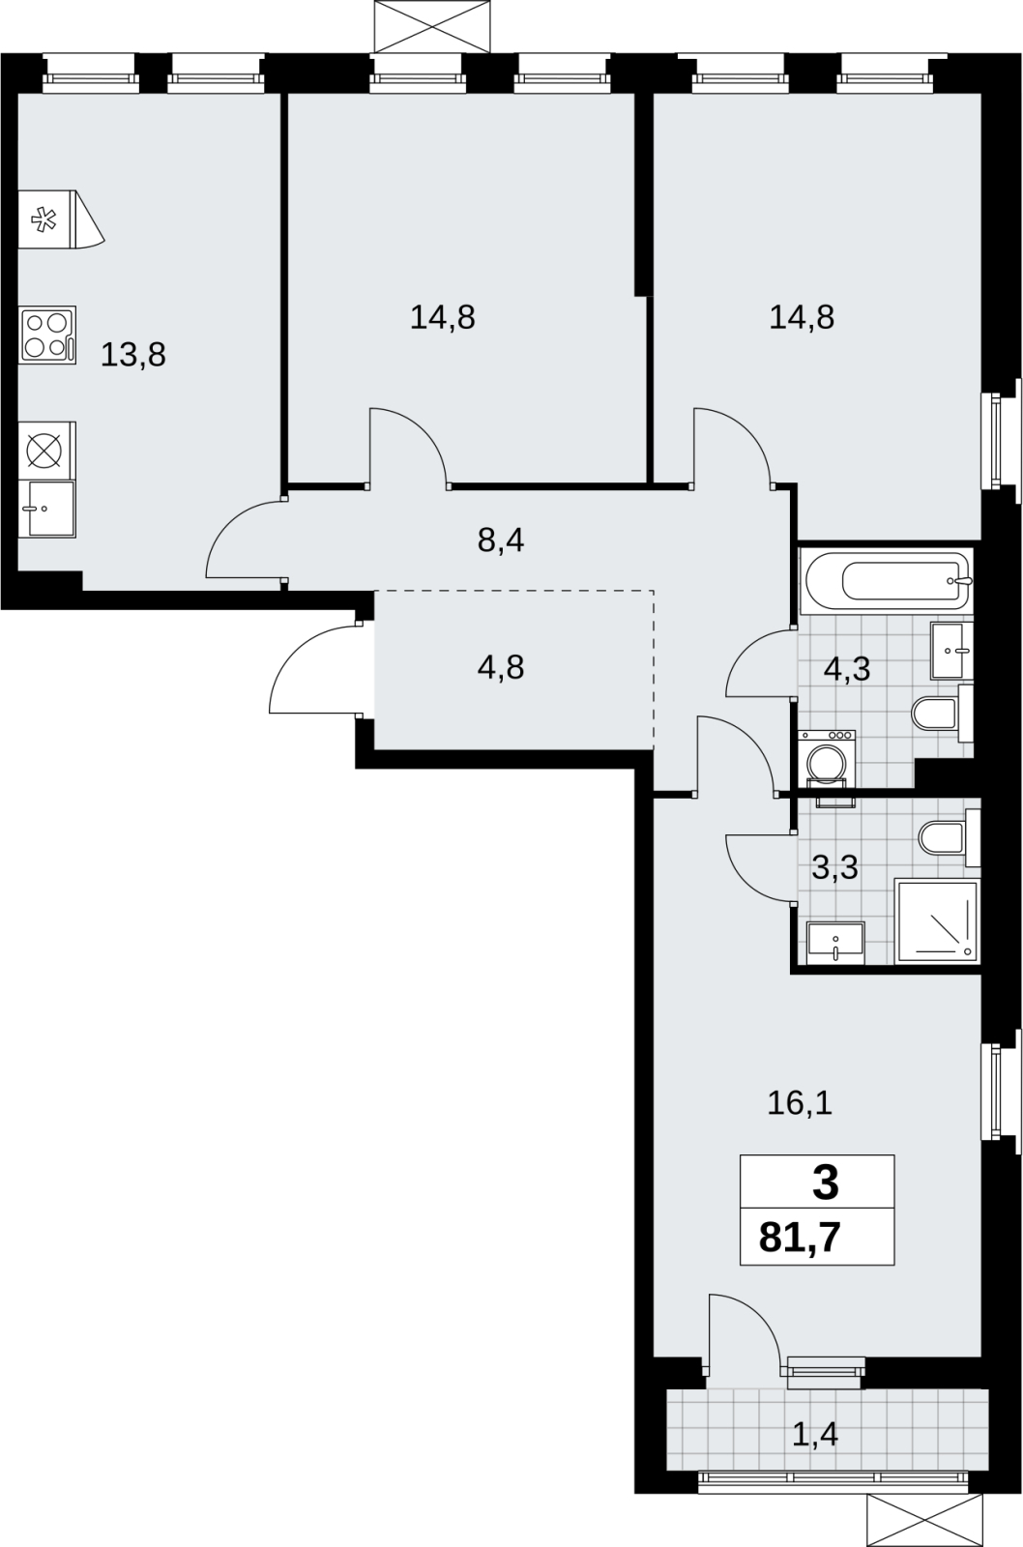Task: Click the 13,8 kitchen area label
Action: [x=133, y=355]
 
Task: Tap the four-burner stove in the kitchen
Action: [x=47, y=336]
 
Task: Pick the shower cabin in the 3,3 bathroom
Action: [x=937, y=921]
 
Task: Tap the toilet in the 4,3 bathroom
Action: [x=943, y=714]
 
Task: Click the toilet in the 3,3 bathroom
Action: [x=950, y=837]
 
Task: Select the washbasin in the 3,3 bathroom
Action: [x=835, y=943]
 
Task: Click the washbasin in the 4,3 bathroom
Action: [x=951, y=651]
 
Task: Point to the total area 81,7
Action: [x=800, y=1237]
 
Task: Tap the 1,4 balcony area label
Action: [x=815, y=1435]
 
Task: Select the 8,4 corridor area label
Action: [x=501, y=540]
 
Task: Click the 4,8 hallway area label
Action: [x=501, y=668]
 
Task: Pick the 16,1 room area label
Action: [x=800, y=1103]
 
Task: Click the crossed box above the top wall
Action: [x=431, y=26]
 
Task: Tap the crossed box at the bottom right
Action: [x=924, y=1521]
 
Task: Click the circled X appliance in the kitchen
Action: [x=44, y=451]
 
